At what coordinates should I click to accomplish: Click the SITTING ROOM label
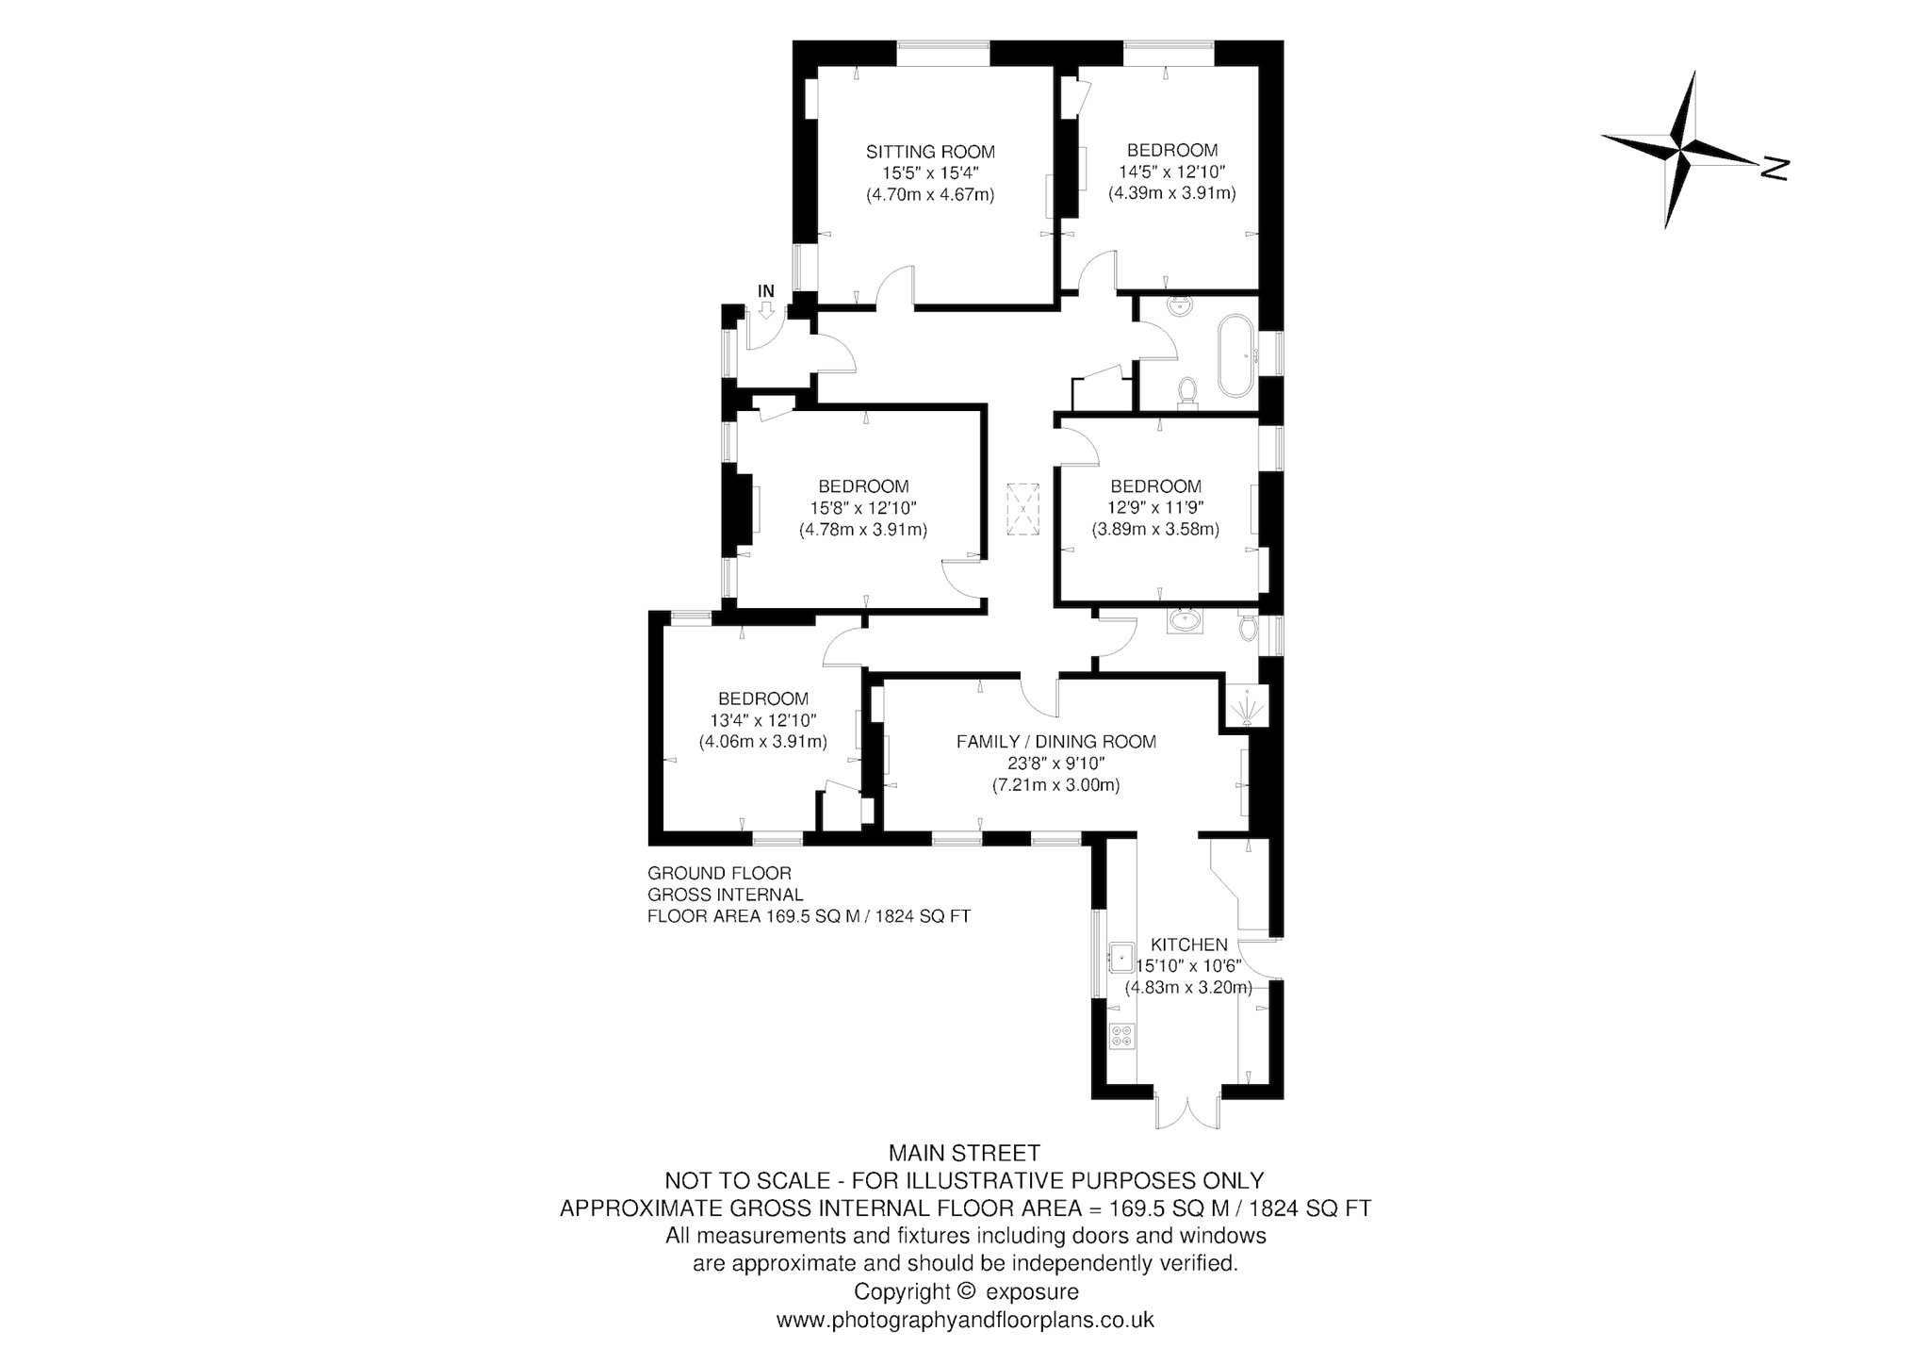point(930,152)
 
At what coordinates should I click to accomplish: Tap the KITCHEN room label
point(1188,945)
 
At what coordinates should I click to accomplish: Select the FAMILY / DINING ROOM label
point(1055,742)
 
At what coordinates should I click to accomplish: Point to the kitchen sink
point(1121,957)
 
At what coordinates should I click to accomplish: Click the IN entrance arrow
point(766,308)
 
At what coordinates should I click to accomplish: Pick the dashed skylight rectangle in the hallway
point(1022,509)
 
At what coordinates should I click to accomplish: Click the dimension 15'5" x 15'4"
point(930,173)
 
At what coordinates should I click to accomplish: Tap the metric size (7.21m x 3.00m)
point(1055,784)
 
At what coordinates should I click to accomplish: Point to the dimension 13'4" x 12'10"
point(762,720)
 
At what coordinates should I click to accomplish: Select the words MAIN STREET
point(965,1152)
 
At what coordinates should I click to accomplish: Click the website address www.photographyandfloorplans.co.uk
point(965,1320)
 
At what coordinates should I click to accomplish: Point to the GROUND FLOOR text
point(719,874)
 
